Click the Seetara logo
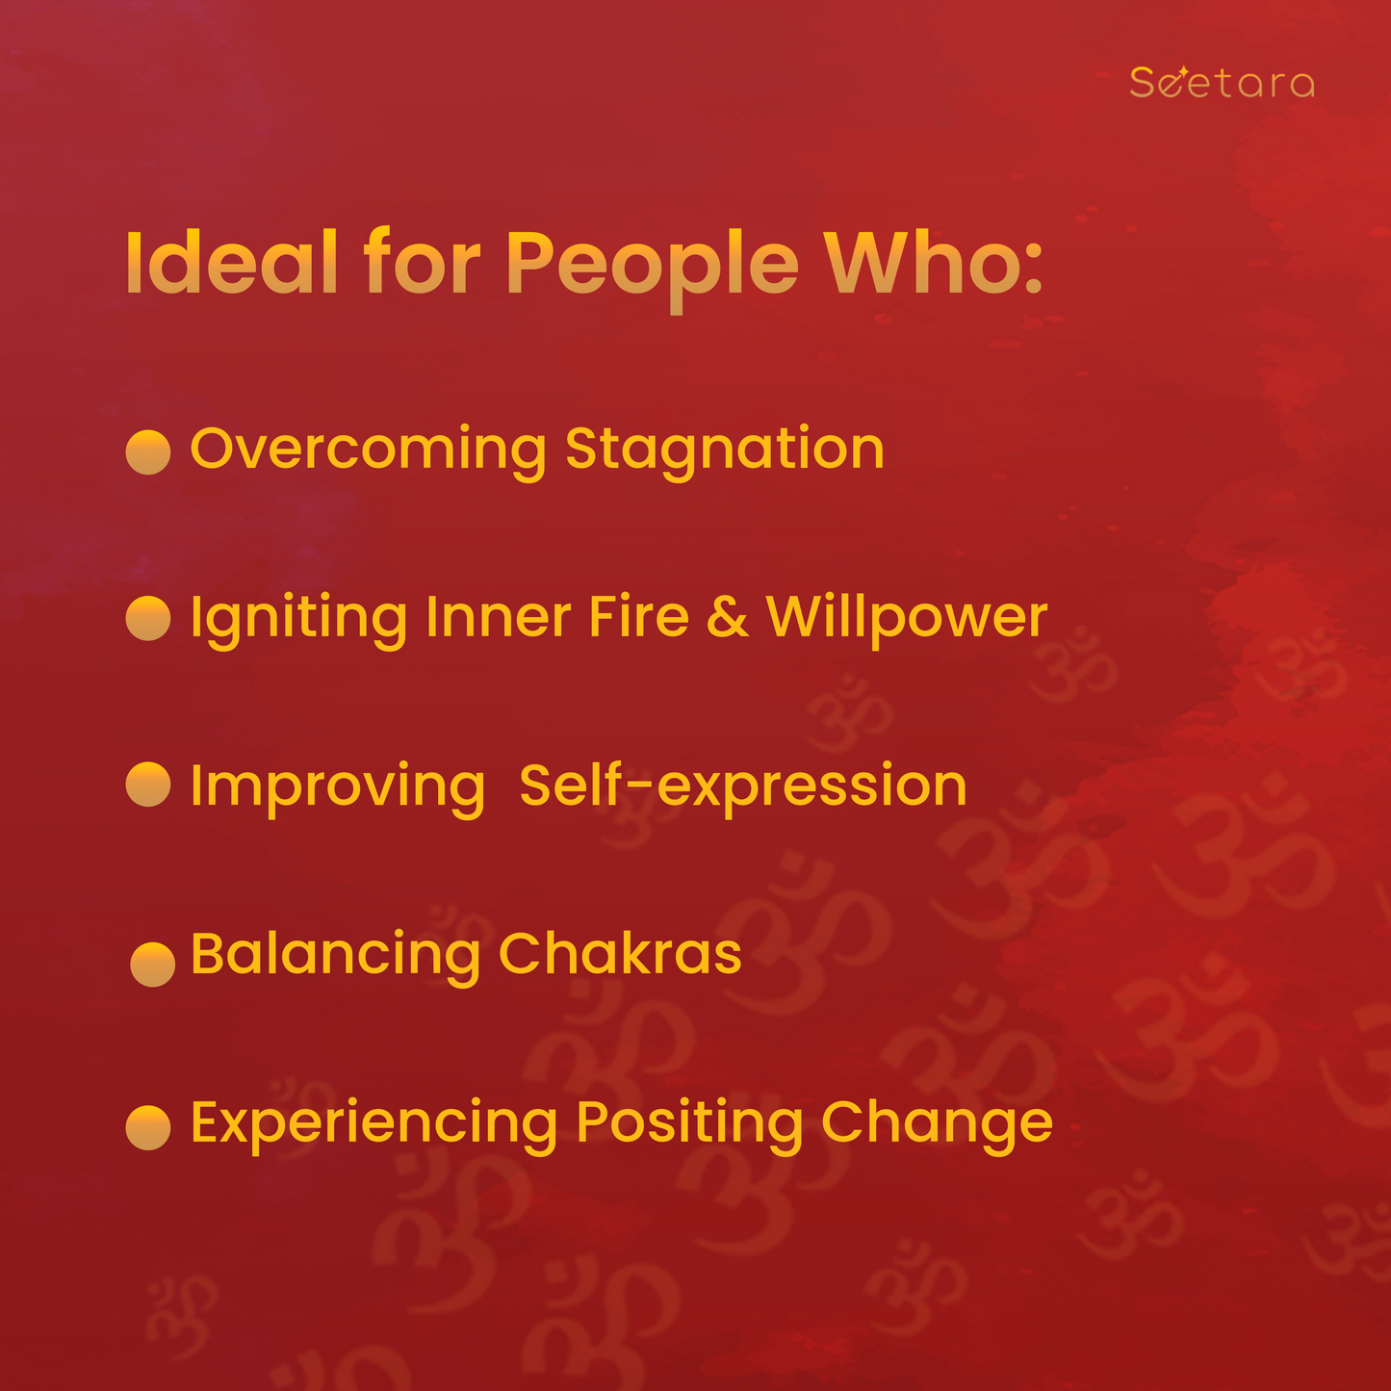pos(1222,82)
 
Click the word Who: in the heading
pos(934,262)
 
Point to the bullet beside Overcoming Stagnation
pos(148,451)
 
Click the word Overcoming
pos(368,451)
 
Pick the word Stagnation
pos(725,451)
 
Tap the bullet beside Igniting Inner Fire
pos(148,618)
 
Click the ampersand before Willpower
pos(727,617)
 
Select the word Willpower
pos(907,621)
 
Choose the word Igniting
pos(298,621)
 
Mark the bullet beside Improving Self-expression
pos(148,784)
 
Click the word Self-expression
pos(743,788)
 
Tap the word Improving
pos(338,789)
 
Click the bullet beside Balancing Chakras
pos(152,964)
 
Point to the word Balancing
pos(336,958)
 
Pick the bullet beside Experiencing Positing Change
pos(148,1127)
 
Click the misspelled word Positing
pos(689,1126)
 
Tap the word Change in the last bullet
pos(937,1126)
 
